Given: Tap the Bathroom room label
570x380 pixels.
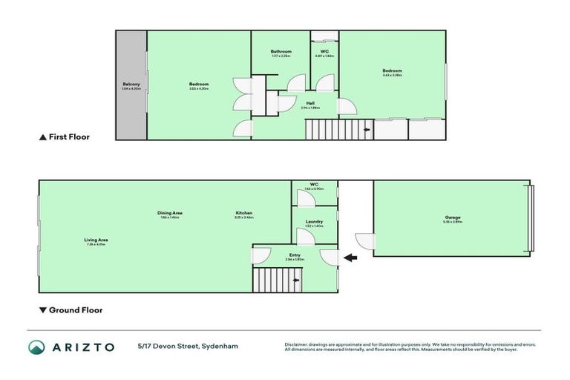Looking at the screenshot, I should (281, 51).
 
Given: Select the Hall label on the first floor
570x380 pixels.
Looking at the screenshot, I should (310, 102).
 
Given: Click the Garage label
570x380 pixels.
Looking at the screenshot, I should (453, 217).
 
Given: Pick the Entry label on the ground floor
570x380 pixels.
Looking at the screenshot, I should (295, 255).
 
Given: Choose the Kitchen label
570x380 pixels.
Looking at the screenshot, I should (244, 213).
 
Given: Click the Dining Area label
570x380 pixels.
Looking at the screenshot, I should (170, 213).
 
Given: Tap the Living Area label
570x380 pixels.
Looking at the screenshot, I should (96, 240).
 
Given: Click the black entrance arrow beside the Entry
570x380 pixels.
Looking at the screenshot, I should (350, 258).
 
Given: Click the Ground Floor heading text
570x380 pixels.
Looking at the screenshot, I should (75, 310).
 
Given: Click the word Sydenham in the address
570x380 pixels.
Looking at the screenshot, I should (222, 347).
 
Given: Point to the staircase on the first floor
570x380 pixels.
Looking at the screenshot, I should (338, 130).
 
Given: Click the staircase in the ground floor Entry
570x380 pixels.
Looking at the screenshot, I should (278, 280).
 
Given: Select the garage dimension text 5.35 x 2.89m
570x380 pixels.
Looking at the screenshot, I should (453, 222).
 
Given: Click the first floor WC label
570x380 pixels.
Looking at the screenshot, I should (324, 51).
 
